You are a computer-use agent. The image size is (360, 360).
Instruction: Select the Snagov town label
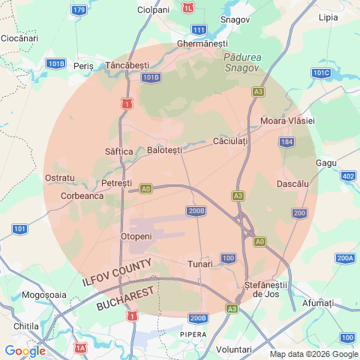click(235, 19)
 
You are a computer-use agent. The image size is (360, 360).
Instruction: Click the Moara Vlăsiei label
click(287, 121)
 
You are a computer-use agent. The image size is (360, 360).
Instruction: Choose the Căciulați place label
click(231, 141)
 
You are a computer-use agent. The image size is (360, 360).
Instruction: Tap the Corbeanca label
click(82, 196)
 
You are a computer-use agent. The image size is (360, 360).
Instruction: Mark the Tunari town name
click(200, 264)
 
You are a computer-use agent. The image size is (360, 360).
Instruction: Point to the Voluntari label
click(233, 349)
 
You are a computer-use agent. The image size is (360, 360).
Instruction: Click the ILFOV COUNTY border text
click(117, 274)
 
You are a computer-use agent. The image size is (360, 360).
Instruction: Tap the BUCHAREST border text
click(125, 298)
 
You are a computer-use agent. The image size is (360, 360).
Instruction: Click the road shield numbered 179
click(79, 10)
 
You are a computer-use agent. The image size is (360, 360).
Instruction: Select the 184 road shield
click(286, 142)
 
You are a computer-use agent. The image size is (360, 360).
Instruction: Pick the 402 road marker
click(348, 175)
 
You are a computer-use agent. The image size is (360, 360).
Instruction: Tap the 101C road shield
click(321, 73)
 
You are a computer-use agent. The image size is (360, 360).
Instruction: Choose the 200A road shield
click(345, 259)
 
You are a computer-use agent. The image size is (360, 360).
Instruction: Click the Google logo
click(25, 350)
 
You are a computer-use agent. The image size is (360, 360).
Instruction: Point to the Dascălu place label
click(293, 184)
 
